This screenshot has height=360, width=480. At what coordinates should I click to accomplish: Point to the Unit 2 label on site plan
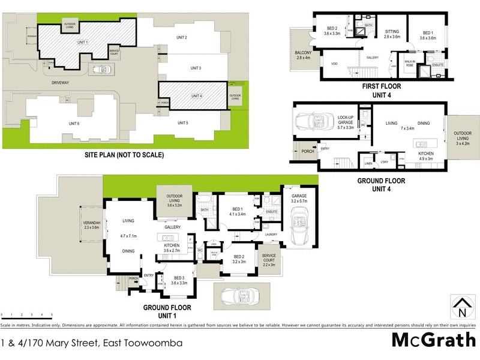pyautogui.click(x=182, y=38)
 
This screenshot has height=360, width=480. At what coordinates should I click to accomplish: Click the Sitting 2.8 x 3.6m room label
pyautogui.click(x=392, y=34)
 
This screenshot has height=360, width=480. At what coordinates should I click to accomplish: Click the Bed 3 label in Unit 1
pyautogui.click(x=179, y=280)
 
